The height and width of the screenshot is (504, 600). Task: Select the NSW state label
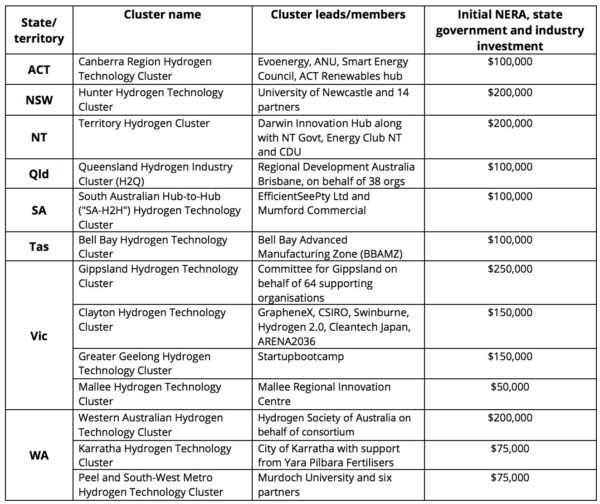[x=37, y=101]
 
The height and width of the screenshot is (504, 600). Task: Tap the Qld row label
[x=37, y=171]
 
